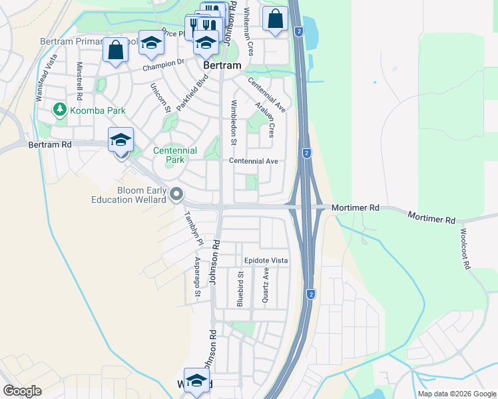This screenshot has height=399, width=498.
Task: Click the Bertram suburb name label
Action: click(x=222, y=67)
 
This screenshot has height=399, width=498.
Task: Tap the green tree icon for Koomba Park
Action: click(x=61, y=108)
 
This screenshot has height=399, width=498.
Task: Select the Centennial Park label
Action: click(x=175, y=155)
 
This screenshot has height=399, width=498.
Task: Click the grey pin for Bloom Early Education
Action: click(x=176, y=195)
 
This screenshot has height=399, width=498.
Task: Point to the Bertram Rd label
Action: click(x=50, y=144)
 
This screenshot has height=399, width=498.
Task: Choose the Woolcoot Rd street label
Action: click(x=465, y=249)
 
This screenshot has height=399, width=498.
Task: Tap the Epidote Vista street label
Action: click(x=266, y=261)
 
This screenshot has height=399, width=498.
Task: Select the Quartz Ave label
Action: click(x=266, y=286)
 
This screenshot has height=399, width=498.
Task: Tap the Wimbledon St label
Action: click(x=233, y=122)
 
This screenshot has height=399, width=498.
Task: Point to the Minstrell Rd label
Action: click(x=79, y=82)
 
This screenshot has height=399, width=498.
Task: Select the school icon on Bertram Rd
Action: click(x=121, y=140)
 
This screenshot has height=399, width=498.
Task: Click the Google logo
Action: click(x=22, y=391)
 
